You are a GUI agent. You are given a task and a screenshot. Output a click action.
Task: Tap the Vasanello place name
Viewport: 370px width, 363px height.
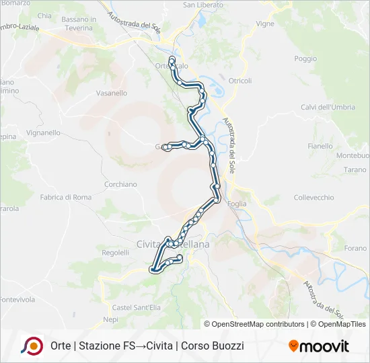click(x=112, y=93)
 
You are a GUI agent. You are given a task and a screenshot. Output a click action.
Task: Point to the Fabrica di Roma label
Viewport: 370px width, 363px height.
click(x=65, y=197)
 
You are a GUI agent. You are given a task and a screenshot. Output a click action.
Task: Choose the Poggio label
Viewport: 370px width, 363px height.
click(x=305, y=58)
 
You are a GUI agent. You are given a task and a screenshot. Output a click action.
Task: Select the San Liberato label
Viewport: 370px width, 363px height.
click(x=203, y=5)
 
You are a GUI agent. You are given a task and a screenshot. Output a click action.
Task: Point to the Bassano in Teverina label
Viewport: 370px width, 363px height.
click(x=79, y=24)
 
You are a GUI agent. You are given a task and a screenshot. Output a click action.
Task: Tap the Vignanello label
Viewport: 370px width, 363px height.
click(x=44, y=133)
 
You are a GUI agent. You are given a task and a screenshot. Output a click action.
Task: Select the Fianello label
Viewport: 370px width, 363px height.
click(x=320, y=146)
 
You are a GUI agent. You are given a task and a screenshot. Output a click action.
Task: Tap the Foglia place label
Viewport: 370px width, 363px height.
click(x=237, y=204)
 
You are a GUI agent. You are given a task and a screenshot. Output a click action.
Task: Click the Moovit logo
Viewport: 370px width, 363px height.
click(x=319, y=346)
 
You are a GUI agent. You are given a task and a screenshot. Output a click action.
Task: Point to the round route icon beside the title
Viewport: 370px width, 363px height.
click(x=32, y=346)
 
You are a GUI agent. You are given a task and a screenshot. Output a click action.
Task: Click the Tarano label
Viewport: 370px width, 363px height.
click(x=355, y=169)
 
